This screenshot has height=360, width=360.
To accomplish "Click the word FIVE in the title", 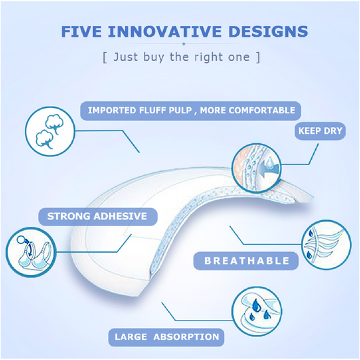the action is (x=82, y=31).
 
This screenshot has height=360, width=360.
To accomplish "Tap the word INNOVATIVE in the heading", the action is (x=165, y=31).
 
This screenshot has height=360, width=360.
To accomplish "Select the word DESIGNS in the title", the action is (x=268, y=31).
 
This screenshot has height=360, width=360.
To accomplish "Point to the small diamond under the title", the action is (x=183, y=43).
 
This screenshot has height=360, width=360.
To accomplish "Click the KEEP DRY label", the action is (x=320, y=131).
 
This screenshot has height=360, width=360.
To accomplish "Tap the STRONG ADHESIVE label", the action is (x=98, y=217).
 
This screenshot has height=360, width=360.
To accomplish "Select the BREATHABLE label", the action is (x=246, y=261).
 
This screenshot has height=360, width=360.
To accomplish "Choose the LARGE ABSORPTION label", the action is (x=166, y=337).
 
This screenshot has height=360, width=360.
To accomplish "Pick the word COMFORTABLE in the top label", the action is (x=262, y=111).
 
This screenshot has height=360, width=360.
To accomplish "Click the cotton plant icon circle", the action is (x=50, y=131).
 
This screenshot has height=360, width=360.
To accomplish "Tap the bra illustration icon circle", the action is (x=31, y=252).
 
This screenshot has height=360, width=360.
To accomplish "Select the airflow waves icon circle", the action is (x=326, y=245).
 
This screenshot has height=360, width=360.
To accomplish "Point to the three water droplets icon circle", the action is (x=257, y=311).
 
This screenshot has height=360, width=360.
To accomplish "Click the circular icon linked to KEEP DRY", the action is (x=257, y=168).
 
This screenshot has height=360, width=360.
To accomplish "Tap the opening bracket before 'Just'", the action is (x=105, y=58).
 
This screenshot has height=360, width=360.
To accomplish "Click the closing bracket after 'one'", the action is (x=258, y=58).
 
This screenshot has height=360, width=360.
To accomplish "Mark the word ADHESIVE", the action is (x=120, y=217).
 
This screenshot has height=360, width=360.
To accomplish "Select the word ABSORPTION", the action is (x=186, y=337).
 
